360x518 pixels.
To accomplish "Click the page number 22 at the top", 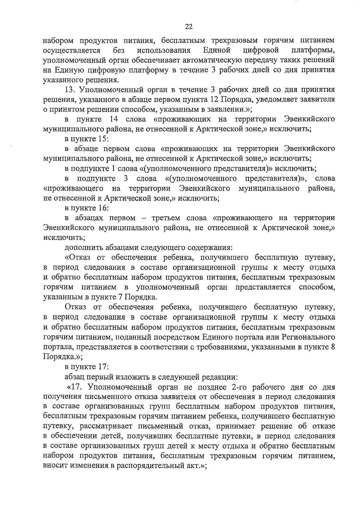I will point(188,27).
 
